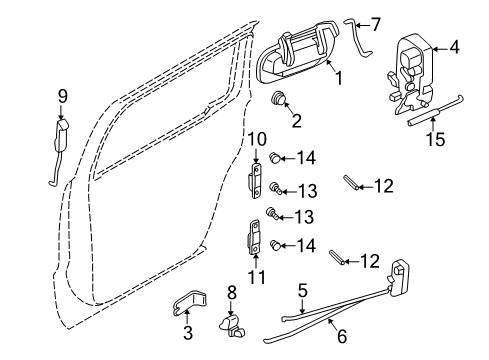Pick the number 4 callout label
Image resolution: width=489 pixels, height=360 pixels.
pyautogui.click(x=454, y=46)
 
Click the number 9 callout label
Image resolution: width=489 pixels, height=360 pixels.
pyautogui.click(x=62, y=96)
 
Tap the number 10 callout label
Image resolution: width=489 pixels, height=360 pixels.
pyautogui.click(x=257, y=139)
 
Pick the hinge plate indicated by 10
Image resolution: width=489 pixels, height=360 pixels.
pyautogui.click(x=255, y=180)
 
